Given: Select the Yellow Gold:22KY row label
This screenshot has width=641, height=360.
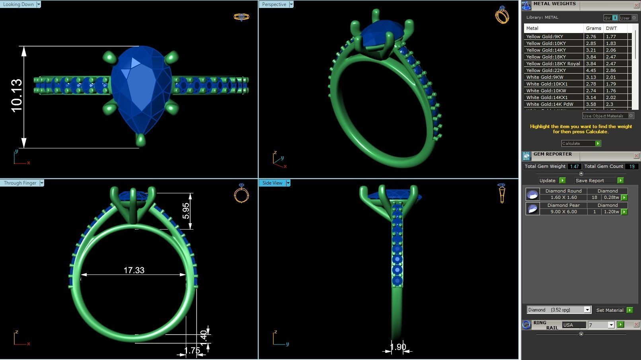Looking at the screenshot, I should [546, 70].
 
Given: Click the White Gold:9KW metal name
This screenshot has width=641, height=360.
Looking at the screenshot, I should [544, 77].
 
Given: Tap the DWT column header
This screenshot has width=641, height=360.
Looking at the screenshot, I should [611, 28].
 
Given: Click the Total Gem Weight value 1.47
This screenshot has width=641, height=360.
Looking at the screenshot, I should [574, 167].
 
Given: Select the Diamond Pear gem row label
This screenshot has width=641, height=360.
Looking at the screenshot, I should [563, 205].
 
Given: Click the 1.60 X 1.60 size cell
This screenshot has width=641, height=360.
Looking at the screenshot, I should [563, 197].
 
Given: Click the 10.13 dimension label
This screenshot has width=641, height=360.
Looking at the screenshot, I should [17, 95].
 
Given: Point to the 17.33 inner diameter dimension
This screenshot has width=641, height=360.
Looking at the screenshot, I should [134, 270].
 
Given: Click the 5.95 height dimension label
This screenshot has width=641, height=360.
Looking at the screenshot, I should [186, 210].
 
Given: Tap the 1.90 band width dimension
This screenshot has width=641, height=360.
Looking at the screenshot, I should [397, 347].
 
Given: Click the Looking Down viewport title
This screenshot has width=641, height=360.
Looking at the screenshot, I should [19, 4].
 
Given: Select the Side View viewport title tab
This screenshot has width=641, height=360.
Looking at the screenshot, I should [272, 183].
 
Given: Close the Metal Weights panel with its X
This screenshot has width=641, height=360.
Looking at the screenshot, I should [636, 5].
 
